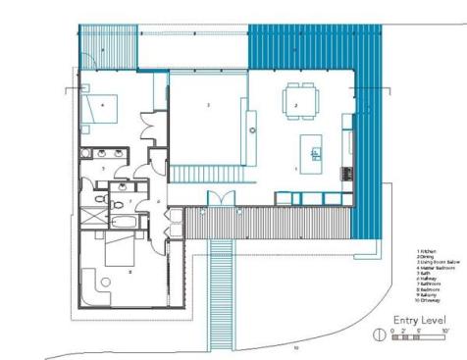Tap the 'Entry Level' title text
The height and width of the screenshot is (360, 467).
pyautogui.click(x=422, y=321)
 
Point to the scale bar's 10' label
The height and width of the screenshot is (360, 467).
pyautogui.click(x=445, y=332)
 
